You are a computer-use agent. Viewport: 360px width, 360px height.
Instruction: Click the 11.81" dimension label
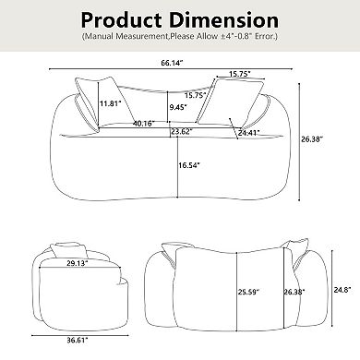[x=112, y=102]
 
